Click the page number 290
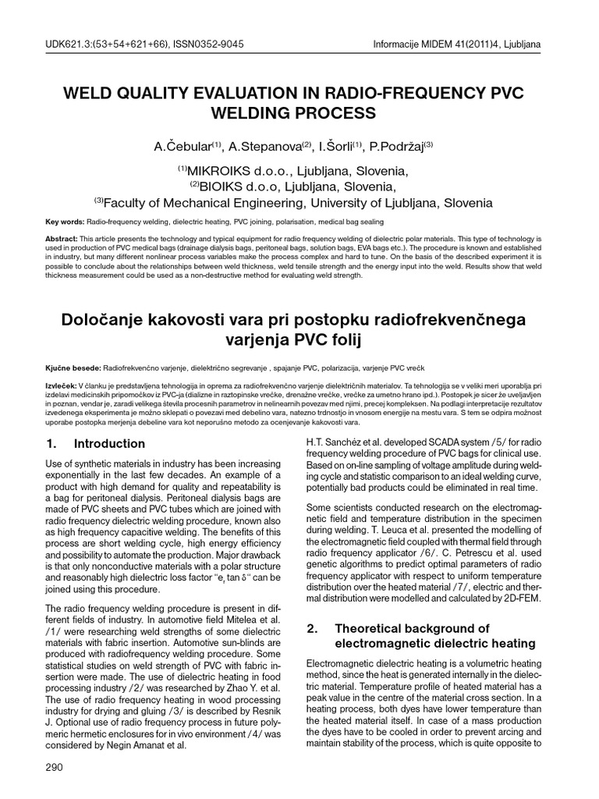[x=54, y=768]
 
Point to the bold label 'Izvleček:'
[x=62, y=386]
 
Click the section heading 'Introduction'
[x=109, y=444]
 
